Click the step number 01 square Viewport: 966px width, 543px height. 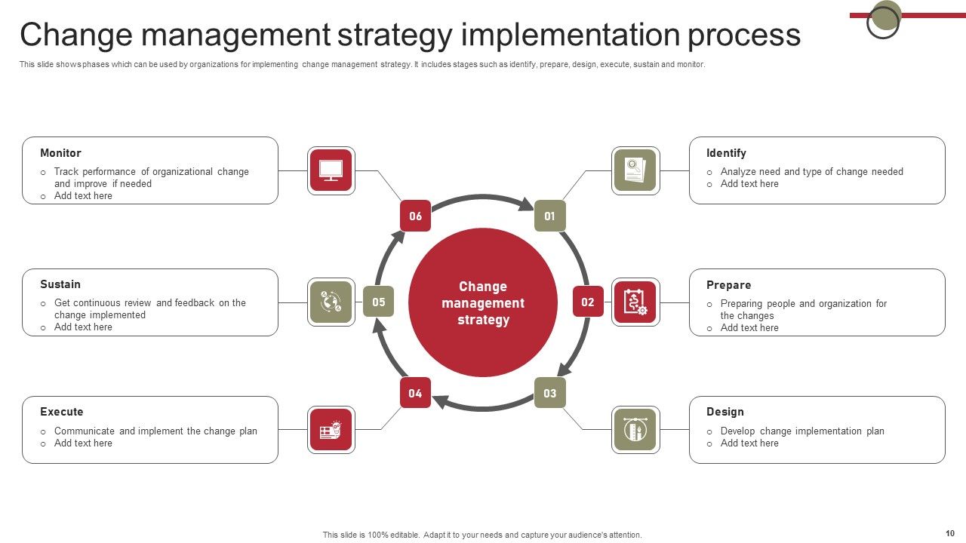549,216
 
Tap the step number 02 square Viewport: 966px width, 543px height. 588,302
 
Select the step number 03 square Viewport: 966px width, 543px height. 549,393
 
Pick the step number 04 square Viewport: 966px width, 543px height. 415,393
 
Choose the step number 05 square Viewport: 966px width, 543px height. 378,302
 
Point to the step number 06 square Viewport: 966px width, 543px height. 415,216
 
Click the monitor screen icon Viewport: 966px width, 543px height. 331,170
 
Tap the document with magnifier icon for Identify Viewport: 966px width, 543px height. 635,170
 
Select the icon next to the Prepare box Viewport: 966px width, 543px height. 635,302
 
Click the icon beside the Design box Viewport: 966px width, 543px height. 635,430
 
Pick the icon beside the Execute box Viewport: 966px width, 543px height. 331,430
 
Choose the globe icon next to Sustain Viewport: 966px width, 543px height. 331,302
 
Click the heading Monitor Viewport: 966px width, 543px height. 60,153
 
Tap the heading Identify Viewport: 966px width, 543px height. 726,153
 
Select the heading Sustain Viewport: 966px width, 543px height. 60,284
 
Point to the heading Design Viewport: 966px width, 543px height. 725,412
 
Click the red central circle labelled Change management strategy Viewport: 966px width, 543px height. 483,302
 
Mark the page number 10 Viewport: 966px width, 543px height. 949,533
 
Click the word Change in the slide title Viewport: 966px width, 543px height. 76,35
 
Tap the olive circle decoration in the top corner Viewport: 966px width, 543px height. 887,15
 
